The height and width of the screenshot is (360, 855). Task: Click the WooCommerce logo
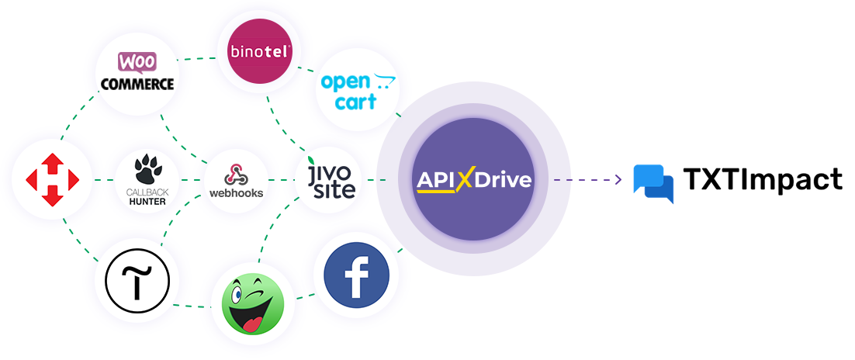tap(137, 71)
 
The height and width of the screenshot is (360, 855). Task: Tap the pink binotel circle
tap(259, 52)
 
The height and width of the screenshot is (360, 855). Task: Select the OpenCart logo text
tap(357, 92)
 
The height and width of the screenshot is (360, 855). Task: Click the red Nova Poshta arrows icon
tap(52, 180)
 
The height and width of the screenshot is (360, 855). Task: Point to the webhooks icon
tap(236, 175)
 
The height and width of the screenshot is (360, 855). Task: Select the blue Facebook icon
tap(357, 275)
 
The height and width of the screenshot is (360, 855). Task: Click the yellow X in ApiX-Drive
tap(464, 179)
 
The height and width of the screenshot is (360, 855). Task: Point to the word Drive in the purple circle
tap(503, 179)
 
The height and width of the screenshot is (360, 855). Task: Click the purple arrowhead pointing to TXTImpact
tap(618, 179)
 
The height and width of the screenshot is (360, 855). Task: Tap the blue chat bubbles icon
tap(653, 183)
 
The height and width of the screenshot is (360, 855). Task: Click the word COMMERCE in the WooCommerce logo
tap(137, 84)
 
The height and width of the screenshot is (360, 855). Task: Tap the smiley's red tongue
tap(252, 324)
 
